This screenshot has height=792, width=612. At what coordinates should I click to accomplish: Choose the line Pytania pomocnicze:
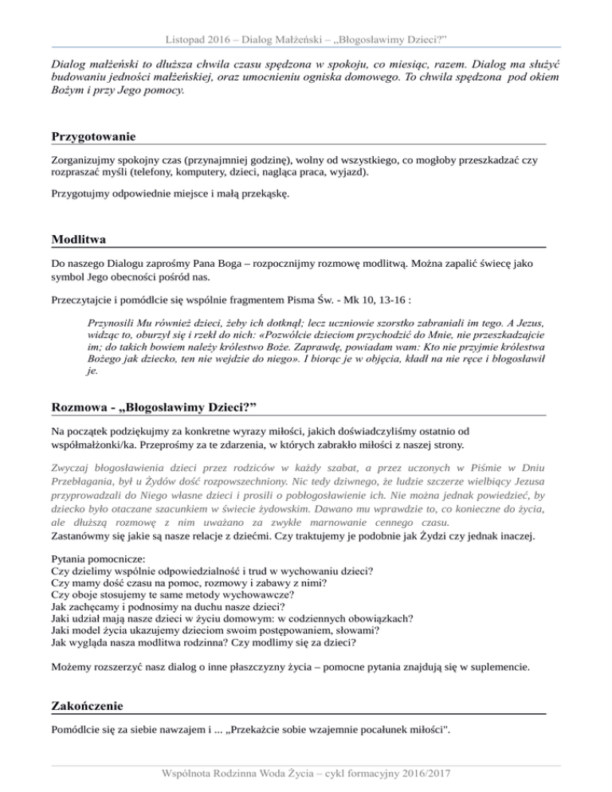pyautogui.click(x=105, y=559)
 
